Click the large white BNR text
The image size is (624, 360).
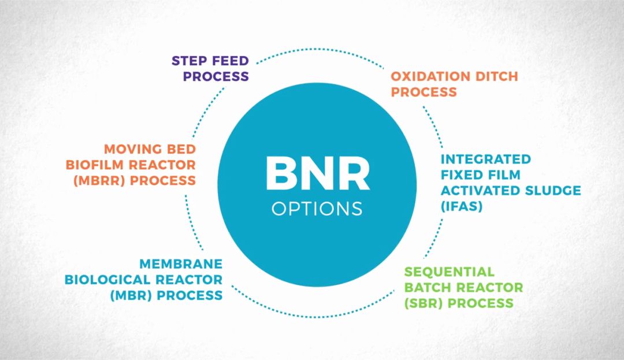pos(317,174)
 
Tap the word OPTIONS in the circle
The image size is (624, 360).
pos(317,209)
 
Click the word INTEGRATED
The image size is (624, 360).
pos(485,158)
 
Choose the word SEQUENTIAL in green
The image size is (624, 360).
pos(449,272)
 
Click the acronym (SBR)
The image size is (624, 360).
pos(423,303)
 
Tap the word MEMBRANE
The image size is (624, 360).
pos(181,264)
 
